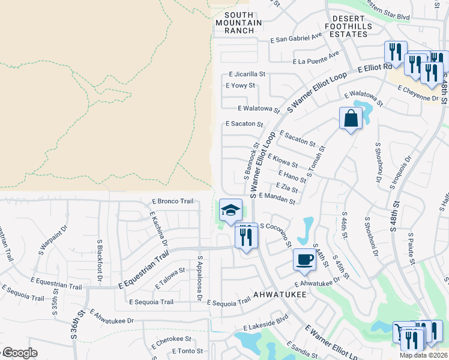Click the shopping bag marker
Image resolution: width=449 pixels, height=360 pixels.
(x=351, y=118)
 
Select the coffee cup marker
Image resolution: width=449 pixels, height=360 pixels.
(x=304, y=259)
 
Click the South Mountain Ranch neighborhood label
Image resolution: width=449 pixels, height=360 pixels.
(x=243, y=23)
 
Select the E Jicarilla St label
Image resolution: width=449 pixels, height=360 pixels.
(x=247, y=74)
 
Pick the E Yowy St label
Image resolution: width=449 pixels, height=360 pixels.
(x=240, y=86)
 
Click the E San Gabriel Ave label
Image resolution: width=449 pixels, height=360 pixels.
(x=297, y=38)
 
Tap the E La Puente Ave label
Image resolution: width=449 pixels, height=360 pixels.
(x=316, y=58)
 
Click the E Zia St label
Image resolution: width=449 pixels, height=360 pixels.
(x=286, y=188)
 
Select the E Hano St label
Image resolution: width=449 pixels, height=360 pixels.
(x=292, y=176)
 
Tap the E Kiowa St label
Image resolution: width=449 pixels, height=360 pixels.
(x=282, y=160)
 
